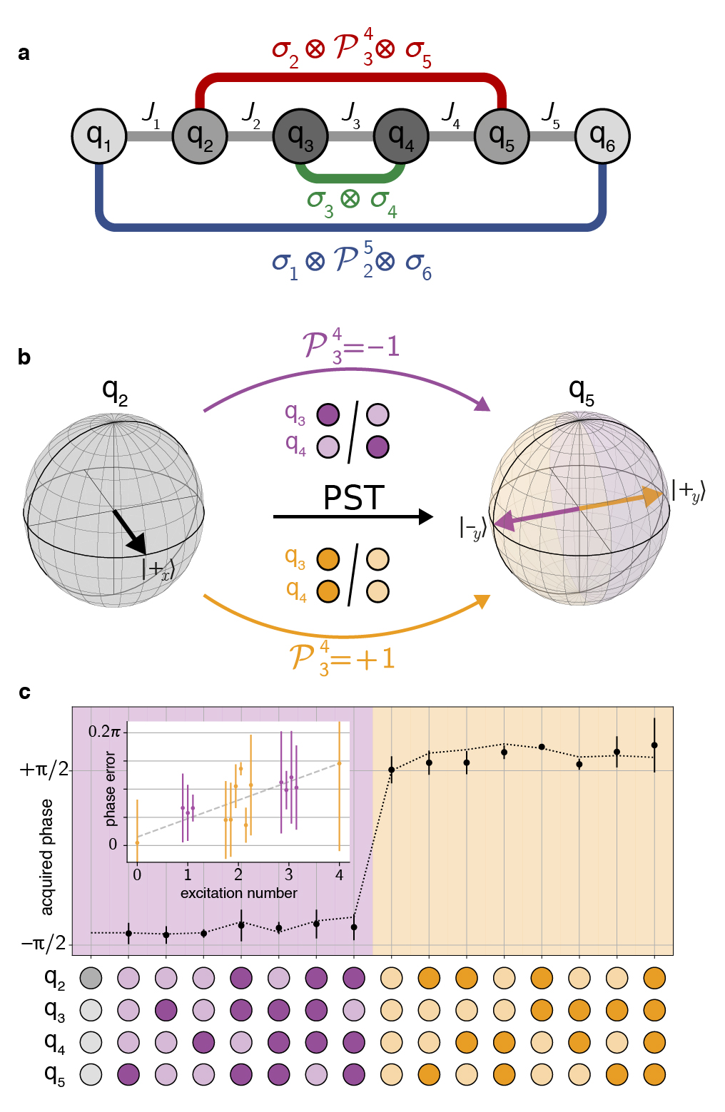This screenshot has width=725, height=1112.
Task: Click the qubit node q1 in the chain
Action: pyautogui.click(x=99, y=136)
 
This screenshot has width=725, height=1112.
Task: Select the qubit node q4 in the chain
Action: pyautogui.click(x=401, y=136)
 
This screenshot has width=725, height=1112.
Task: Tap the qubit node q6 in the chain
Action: pyautogui.click(x=602, y=136)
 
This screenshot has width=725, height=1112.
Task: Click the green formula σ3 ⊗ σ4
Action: pyautogui.click(x=351, y=201)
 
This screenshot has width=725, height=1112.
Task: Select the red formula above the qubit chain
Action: pyautogui.click(x=351, y=50)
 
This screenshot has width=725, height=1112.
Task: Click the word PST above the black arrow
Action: pyautogui.click(x=353, y=498)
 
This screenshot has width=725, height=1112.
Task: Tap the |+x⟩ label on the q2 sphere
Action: pyautogui.click(x=158, y=569)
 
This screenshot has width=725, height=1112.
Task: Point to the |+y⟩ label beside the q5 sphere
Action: pyautogui.click(x=688, y=491)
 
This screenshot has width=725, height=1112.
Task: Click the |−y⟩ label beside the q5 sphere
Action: pyautogui.click(x=473, y=528)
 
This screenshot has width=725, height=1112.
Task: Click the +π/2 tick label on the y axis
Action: pyautogui.click(x=44, y=770)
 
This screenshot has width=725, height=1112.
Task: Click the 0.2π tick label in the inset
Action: pyautogui.click(x=104, y=732)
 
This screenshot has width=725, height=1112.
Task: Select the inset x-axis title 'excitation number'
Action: pyautogui.click(x=238, y=893)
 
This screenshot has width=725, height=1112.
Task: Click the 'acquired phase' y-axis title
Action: pyautogui.click(x=47, y=857)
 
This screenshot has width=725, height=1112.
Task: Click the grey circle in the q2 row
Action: pyautogui.click(x=91, y=978)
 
